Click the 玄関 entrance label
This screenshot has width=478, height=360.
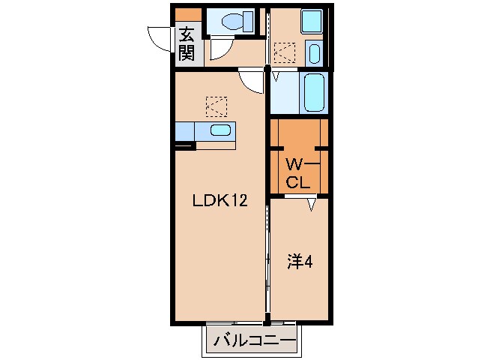pyautogui.click(x=186, y=44)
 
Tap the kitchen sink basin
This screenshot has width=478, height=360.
pyautogui.click(x=220, y=130)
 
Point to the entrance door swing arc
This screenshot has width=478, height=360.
pyautogui.click(x=160, y=37)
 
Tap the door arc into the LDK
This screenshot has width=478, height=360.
pyautogui.click(x=251, y=81)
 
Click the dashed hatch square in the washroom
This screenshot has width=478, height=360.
pyautogui.click(x=285, y=52)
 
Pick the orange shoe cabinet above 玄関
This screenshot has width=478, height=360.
pyautogui.click(x=188, y=14)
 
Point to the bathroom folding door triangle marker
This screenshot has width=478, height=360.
pyautogui.click(x=276, y=76)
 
